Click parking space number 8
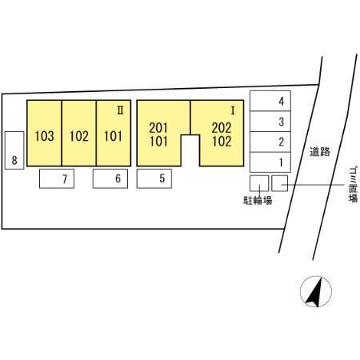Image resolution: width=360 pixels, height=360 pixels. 14,150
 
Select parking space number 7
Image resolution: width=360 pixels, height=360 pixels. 57,178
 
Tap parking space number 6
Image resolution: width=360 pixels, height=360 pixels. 110,178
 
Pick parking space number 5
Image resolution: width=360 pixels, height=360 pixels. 154,178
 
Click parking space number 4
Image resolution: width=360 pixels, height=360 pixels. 270,101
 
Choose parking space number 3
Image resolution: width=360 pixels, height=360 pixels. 270,122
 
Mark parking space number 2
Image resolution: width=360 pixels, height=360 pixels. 270,142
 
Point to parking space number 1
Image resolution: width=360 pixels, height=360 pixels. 270,162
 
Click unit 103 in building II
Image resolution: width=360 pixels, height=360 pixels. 44,133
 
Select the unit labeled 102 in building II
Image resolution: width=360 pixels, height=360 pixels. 79,133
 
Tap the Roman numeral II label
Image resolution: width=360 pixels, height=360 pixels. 120,110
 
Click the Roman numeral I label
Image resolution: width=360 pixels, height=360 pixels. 233,110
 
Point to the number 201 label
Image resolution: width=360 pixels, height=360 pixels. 158,128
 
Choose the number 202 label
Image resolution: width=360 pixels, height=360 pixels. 222,128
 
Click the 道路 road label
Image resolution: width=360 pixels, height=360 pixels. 320,152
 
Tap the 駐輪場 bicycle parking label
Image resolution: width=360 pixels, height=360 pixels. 258,200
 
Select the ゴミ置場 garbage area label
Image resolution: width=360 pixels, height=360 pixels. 353,185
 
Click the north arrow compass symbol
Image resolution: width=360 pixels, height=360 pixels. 316,291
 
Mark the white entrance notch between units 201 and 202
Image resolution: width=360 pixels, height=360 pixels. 190,150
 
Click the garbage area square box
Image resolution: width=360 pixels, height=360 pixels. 280,183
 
